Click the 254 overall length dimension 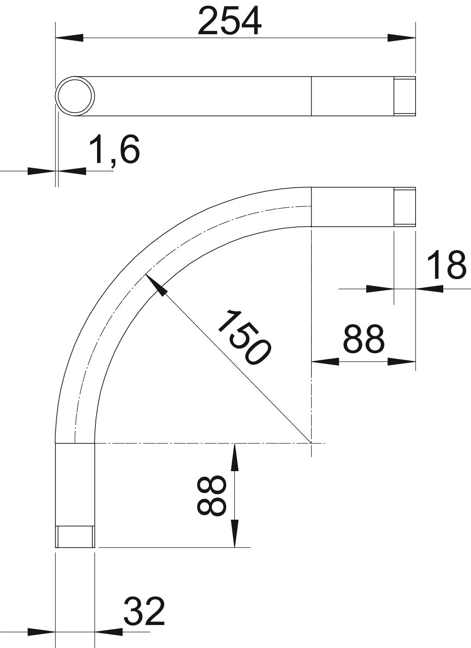pyautogui.click(x=230, y=21)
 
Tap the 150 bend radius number pyautogui.click(x=244, y=337)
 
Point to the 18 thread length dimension pyautogui.click(x=446, y=265)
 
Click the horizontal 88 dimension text pyautogui.click(x=364, y=339)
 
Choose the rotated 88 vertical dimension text pyautogui.click(x=211, y=496)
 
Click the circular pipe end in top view pyautogui.click(x=75, y=96)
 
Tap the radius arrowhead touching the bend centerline pyautogui.click(x=156, y=285)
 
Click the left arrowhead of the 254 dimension pyautogui.click(x=69, y=38)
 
